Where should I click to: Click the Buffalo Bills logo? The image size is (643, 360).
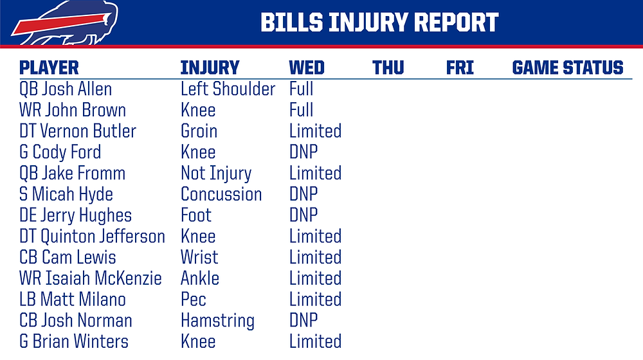coord(65,22)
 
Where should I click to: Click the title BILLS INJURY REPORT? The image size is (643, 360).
coord(379,22)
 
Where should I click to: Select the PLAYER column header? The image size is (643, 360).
coord(49,67)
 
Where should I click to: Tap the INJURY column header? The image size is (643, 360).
coord(210,67)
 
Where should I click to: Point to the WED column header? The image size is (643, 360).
coord(307,67)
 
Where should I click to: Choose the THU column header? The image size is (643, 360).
coord(388,67)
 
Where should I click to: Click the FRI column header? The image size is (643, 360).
coord(460,67)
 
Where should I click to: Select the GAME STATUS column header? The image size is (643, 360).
coord(568,67)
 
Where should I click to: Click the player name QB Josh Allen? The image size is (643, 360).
coord(66,89)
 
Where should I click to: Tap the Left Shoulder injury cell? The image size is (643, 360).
coord(228,89)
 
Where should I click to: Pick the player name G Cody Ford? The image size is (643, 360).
coord(60,152)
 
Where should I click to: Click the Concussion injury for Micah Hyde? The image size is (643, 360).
coord(221,194)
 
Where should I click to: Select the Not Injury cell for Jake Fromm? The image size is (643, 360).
coord(216,174)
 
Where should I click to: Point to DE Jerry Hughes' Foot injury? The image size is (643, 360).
coord(196,215)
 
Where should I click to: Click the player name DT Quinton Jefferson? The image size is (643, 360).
coord(92,237)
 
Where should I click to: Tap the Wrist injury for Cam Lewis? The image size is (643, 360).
coord(199,258)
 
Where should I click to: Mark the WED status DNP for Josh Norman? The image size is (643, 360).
coord(303,320)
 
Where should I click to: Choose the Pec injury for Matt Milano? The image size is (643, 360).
coord(193,300)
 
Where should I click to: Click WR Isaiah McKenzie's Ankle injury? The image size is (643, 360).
coord(200,278)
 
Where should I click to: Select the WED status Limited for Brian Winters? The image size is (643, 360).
coord(315,341)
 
